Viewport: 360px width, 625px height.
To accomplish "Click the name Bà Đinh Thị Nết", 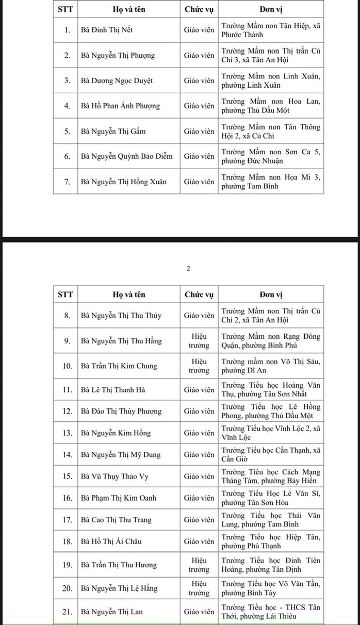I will click(x=107, y=30).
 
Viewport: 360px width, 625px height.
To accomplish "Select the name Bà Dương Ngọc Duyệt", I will click(x=117, y=80).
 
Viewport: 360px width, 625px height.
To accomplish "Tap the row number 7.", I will click(x=67, y=182).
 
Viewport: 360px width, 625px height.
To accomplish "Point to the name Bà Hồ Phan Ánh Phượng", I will click(x=120, y=106).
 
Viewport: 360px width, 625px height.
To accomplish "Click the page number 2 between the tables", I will click(x=188, y=269).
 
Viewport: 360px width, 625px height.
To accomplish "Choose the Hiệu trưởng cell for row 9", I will click(x=199, y=341).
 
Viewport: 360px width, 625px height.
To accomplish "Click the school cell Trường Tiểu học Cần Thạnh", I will click(x=271, y=455).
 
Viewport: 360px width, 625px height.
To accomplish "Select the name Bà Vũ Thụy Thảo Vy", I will click(x=114, y=476).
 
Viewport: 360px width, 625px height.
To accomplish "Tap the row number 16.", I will click(x=67, y=498).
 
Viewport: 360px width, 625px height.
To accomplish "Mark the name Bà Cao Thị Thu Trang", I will click(x=116, y=520).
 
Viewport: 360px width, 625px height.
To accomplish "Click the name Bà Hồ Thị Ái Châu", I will click(x=111, y=541).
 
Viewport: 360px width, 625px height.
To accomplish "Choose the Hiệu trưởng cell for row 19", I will click(x=199, y=565).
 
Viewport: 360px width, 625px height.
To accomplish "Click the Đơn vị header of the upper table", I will click(x=271, y=9).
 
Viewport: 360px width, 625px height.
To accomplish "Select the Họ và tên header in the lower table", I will click(x=129, y=294).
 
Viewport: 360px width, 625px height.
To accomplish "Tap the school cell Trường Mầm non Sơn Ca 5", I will click(x=271, y=156).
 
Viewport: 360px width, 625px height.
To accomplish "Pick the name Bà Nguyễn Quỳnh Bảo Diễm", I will click(x=126, y=156).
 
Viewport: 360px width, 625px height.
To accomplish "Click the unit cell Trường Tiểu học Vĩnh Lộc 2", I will click(x=271, y=433).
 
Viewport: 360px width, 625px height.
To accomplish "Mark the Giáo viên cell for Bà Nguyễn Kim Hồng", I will click(x=199, y=433).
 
